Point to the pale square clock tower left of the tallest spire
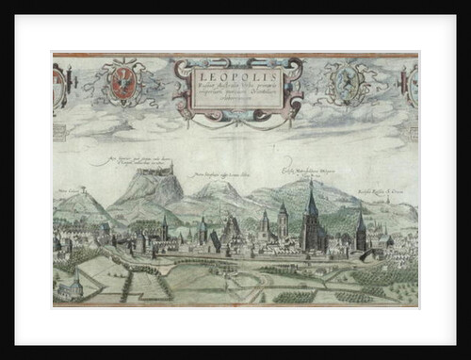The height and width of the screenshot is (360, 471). click(x=282, y=221)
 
